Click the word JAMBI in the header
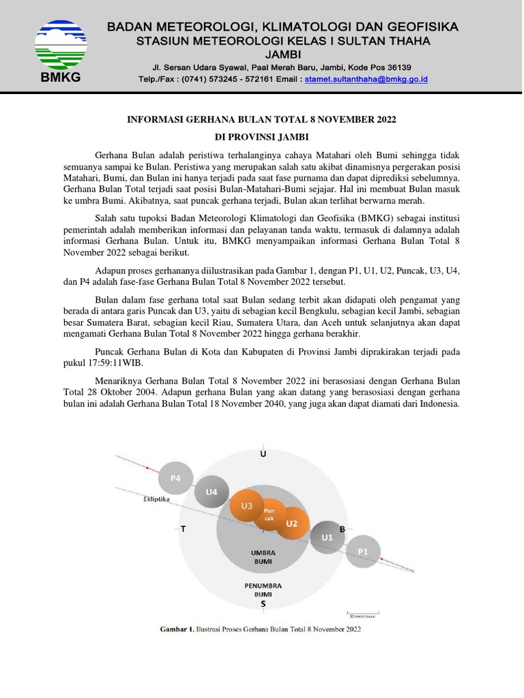click(283, 54)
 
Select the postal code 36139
click(396, 67)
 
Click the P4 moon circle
click(175, 479)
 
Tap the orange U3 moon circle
click(247, 506)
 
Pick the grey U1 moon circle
click(327, 537)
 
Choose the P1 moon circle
click(363, 550)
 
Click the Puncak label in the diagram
click(269, 514)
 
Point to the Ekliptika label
click(156, 499)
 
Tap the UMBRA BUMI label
click(262, 556)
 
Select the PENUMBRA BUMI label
click(263, 590)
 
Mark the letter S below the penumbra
click(263, 604)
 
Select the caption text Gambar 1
click(177, 630)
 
